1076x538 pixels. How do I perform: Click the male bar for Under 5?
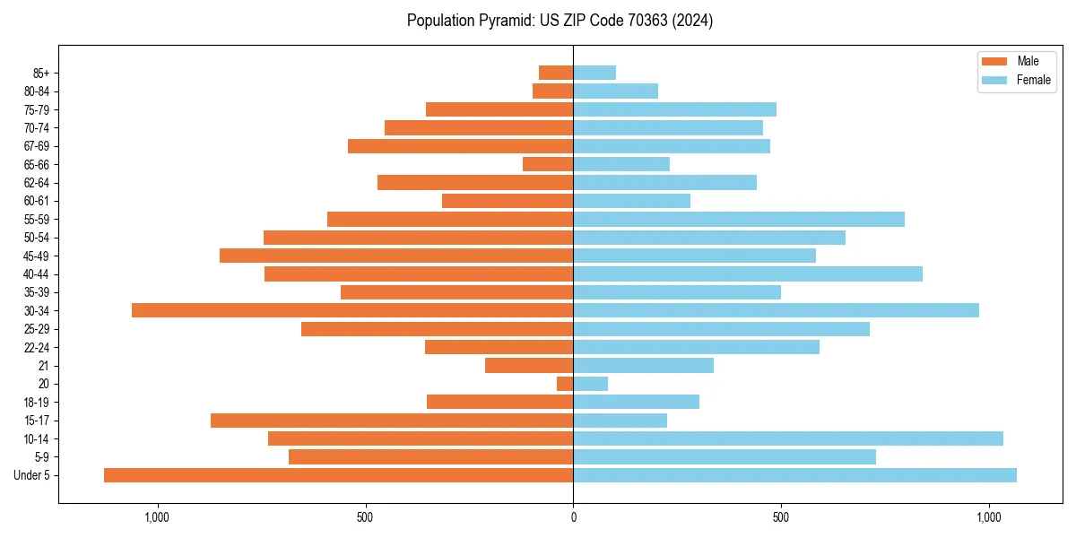click(338, 475)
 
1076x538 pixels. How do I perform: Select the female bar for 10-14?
click(787, 438)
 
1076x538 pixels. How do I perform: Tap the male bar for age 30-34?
click(352, 310)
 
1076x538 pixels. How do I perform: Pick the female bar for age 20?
click(590, 384)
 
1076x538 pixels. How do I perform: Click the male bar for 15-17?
click(392, 421)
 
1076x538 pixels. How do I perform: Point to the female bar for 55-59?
click(738, 219)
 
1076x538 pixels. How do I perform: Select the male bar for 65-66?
click(548, 164)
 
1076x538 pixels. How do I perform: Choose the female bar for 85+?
click(594, 73)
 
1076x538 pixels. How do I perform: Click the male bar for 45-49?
click(396, 256)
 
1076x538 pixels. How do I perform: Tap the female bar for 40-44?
click(747, 273)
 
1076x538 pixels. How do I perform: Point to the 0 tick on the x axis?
click(573, 517)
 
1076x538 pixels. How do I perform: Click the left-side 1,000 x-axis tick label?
click(157, 517)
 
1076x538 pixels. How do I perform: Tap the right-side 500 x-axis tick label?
click(781, 517)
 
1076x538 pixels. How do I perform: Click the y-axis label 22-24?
click(37, 347)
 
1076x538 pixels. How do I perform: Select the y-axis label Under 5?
click(32, 475)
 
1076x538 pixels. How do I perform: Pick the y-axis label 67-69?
click(37, 146)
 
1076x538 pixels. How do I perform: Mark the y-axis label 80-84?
click(37, 91)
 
